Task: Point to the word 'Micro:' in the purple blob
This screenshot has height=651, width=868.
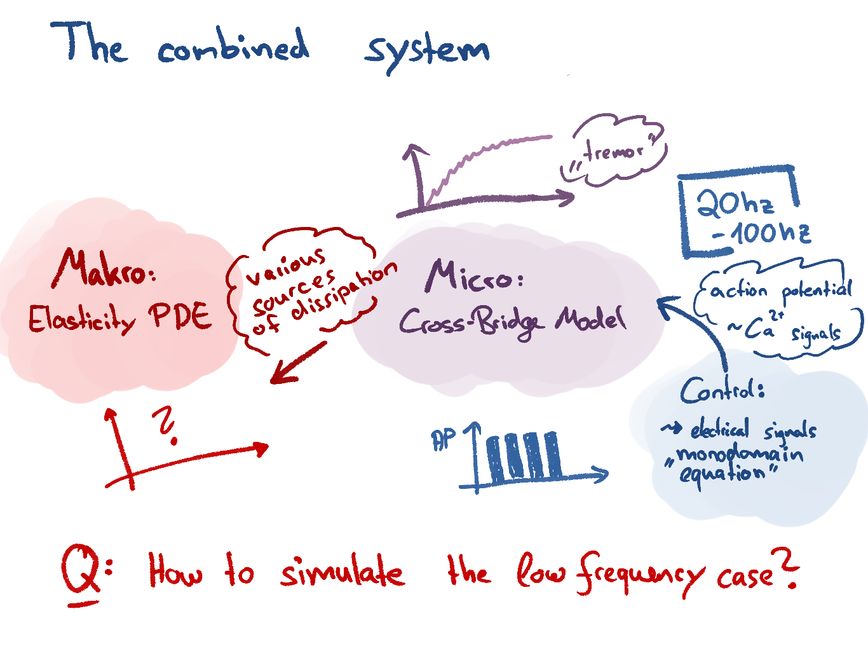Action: point(473,277)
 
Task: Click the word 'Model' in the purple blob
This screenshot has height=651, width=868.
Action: point(590,318)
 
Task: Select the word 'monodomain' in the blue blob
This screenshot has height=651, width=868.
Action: point(739,455)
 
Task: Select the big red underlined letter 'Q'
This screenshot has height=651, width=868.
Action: point(81,569)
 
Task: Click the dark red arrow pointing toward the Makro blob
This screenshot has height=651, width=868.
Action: point(297,364)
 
